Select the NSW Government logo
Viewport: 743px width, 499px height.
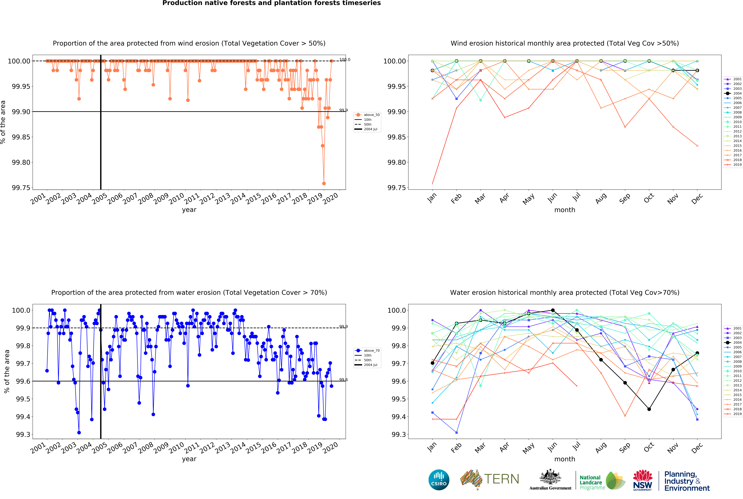click(x=642, y=480)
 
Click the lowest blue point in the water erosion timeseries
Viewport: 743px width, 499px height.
click(x=79, y=433)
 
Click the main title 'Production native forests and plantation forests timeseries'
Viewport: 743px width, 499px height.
click(x=272, y=3)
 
